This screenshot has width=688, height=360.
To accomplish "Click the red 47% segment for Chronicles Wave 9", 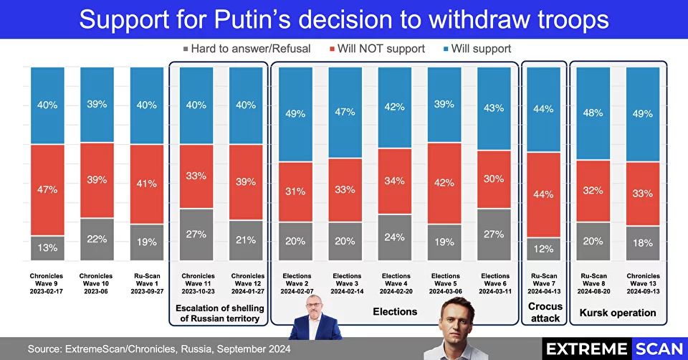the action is coord(47,189).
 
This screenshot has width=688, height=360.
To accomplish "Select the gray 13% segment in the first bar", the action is coord(47,248).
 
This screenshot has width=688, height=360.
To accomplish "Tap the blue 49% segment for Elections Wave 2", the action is coord(296,114).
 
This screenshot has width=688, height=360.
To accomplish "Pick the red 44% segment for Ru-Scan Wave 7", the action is coord(544,194).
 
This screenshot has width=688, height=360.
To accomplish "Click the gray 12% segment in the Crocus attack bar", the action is coord(544,249).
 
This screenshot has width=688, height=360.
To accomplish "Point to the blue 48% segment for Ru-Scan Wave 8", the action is coord(593,113).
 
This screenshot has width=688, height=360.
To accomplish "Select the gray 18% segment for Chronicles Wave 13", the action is coord(643,243).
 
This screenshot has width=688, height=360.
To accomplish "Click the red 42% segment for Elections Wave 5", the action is coord(444,183).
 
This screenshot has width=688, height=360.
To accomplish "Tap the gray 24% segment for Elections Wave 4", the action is coord(395,237).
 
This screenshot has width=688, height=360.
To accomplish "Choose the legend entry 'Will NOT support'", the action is coord(378,49).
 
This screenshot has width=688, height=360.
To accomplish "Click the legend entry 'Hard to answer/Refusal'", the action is coord(247,49).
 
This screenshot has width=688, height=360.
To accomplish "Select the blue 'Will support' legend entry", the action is coord(477,49).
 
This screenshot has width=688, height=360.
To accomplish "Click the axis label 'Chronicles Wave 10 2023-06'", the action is coord(96,283).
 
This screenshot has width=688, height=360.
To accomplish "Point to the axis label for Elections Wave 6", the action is coord(495,283).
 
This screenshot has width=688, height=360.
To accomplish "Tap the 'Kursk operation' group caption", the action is coord(618,313).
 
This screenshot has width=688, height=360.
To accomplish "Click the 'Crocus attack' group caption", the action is coord(545,312).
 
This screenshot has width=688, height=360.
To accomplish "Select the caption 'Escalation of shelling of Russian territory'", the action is coord(220,313).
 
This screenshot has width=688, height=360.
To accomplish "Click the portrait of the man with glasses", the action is coord(315,318).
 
